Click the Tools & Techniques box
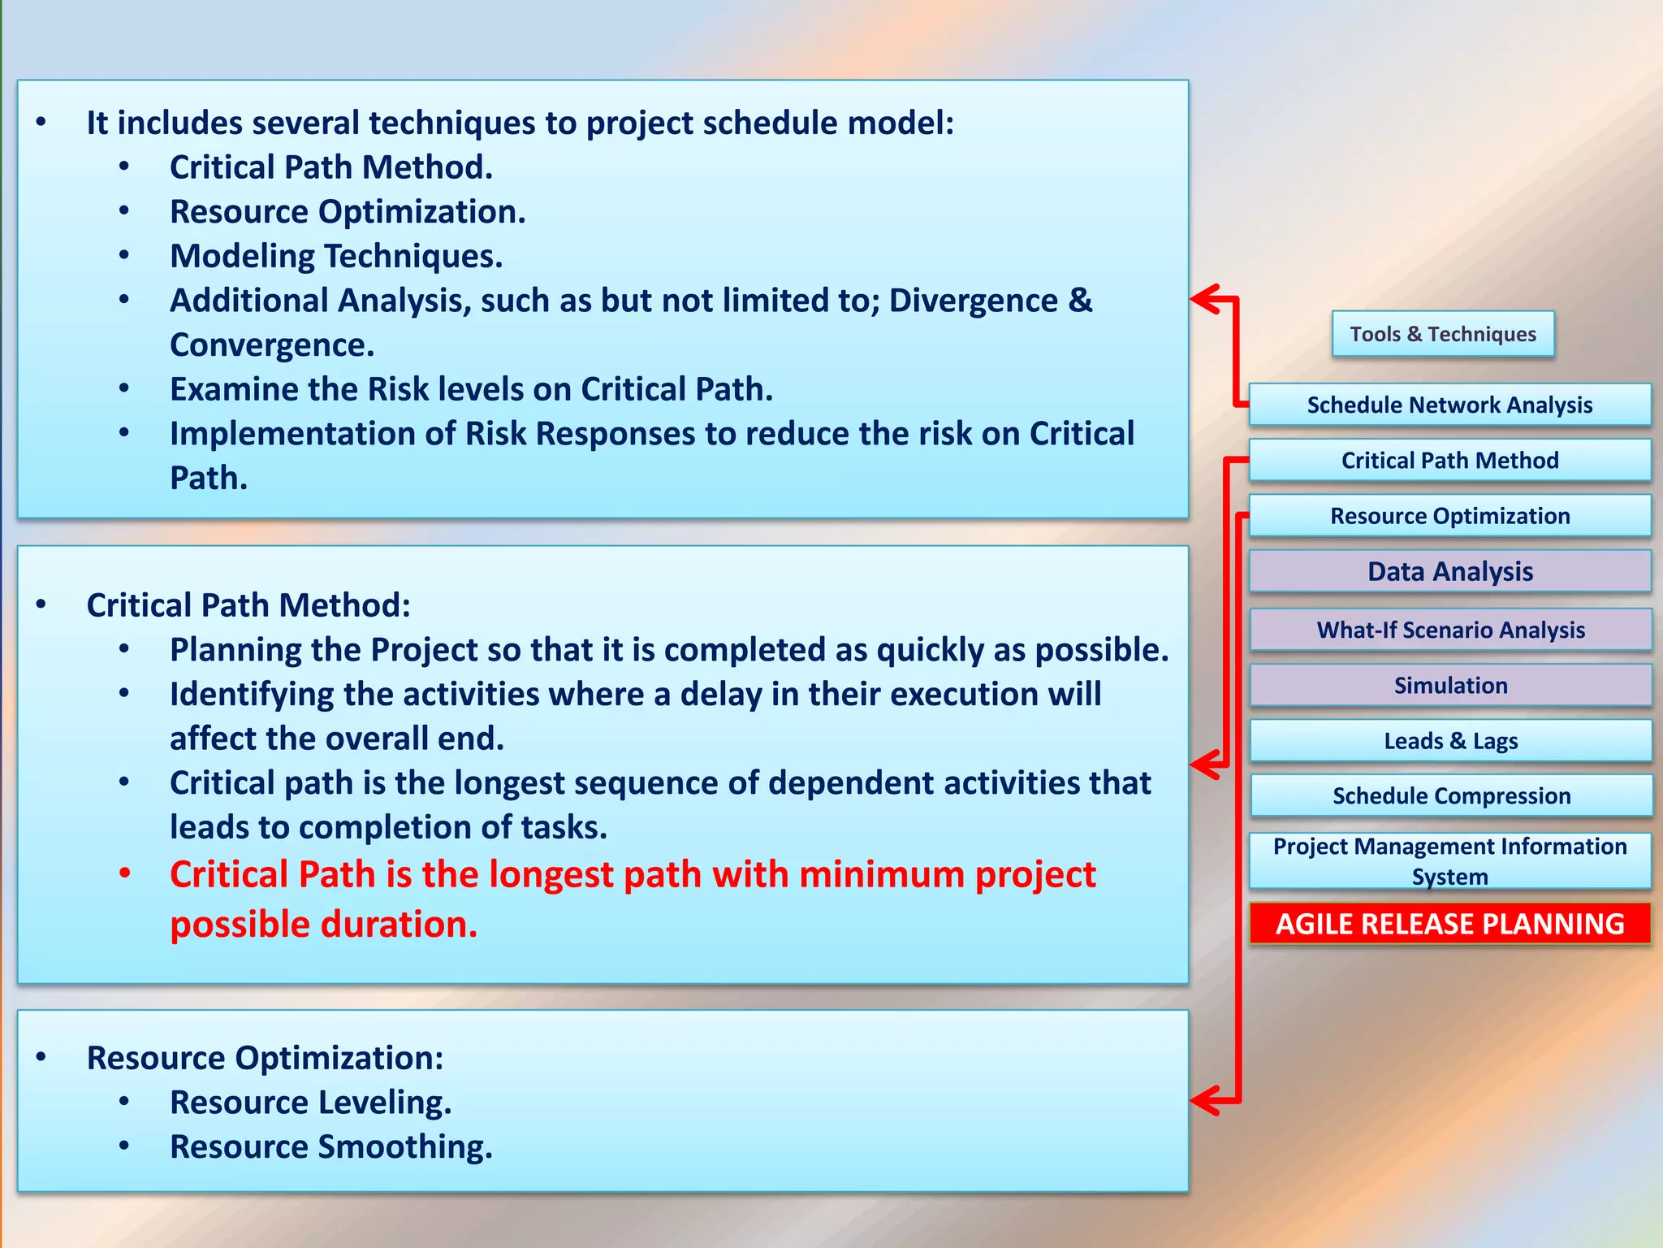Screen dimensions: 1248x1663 click(1442, 334)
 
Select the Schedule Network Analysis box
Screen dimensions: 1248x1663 click(1449, 405)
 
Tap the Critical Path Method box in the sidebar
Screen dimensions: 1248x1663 click(1449, 460)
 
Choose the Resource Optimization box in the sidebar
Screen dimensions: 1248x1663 click(1449, 516)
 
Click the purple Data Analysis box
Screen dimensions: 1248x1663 click(1449, 571)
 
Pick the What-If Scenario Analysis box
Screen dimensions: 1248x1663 click(1450, 630)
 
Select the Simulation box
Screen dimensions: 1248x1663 click(1450, 685)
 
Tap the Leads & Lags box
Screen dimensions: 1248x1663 click(1450, 740)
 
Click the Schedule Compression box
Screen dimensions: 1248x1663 click(1451, 795)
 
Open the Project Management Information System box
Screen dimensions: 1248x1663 click(1449, 860)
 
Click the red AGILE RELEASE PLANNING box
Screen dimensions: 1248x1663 click(1449, 924)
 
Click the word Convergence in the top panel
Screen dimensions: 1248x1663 click(271, 345)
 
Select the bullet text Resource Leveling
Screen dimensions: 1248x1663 click(310, 1103)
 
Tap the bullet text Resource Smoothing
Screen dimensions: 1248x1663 click(330, 1147)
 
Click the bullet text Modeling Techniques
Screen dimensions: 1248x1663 click(335, 257)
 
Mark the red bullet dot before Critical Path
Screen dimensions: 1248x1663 click(124, 874)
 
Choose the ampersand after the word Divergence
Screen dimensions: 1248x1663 click(1080, 301)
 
